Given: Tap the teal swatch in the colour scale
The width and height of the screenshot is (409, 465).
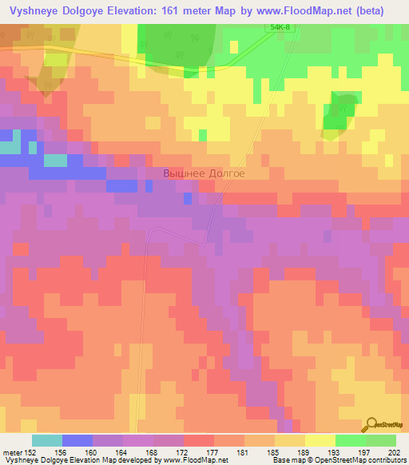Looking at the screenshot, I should click(x=46, y=440).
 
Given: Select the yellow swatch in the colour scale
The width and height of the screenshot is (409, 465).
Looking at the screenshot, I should click(x=320, y=440).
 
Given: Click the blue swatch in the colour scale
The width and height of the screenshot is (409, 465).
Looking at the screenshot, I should click(x=77, y=440).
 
